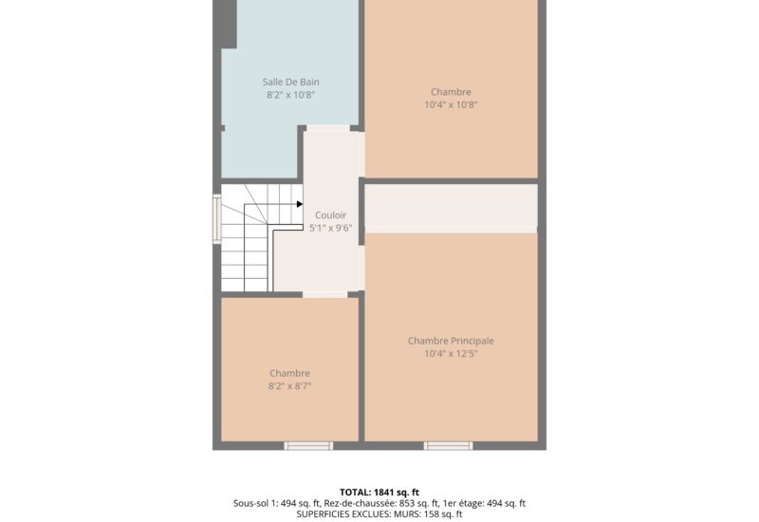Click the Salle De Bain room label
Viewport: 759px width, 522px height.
tap(290, 83)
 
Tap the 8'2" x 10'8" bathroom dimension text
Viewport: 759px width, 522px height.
tap(290, 95)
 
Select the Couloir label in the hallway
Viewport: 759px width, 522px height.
tap(330, 215)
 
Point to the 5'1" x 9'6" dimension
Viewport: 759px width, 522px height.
tap(330, 228)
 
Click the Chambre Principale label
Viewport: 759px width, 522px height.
tap(451, 341)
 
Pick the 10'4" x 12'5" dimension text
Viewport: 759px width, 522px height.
tap(451, 354)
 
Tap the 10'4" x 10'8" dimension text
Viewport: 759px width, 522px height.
tap(451, 105)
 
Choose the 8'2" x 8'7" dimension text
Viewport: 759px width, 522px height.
tap(289, 386)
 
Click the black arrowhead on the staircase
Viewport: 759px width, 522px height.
tap(299, 203)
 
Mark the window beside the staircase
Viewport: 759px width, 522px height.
tap(217, 219)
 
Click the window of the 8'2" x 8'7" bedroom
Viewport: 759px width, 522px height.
tap(308, 445)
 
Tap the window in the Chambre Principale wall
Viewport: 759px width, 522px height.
tap(448, 445)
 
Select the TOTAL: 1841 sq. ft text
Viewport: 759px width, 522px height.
tap(379, 492)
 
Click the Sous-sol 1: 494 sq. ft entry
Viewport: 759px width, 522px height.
tap(276, 503)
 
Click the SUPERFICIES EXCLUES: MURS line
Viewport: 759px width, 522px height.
tap(379, 514)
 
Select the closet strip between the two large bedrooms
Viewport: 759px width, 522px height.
tap(451, 207)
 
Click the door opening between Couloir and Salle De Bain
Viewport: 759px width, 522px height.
tap(326, 128)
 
